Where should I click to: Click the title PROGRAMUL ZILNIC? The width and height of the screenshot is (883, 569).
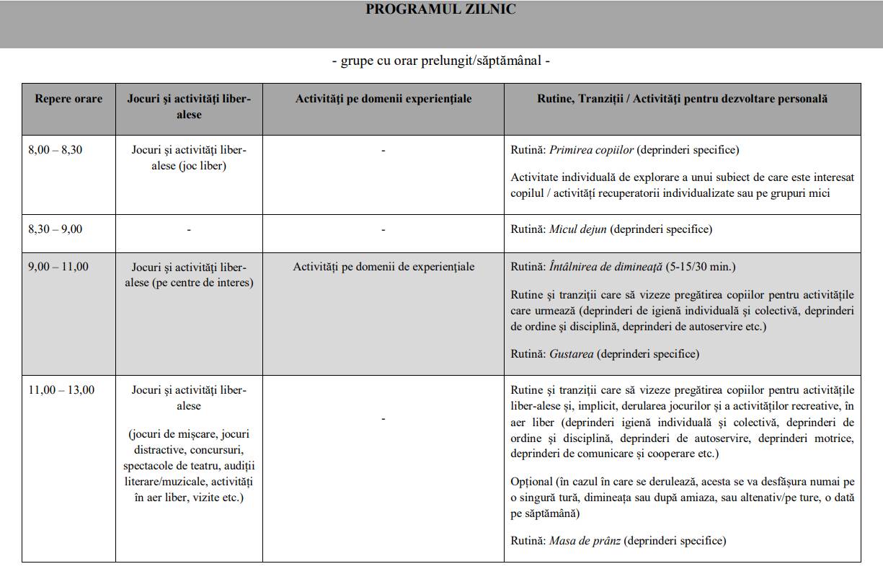coord(440,9)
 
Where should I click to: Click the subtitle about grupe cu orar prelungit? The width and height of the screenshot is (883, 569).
coord(440,61)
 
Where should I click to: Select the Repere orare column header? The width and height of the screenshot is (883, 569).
coord(68,99)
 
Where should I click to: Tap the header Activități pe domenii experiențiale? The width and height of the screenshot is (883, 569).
coord(383,99)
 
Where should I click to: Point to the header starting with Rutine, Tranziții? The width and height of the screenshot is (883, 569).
coord(682,99)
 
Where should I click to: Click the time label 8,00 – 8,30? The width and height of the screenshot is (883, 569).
coord(55,150)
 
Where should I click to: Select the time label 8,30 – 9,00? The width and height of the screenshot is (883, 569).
coord(55,229)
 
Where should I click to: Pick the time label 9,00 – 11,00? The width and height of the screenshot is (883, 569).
coord(58,267)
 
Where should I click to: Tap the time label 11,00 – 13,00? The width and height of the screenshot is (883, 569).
coord(61,390)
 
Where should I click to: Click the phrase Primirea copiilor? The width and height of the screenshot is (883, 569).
coord(591,150)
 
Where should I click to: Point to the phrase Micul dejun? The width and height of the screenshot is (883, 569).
coord(578,229)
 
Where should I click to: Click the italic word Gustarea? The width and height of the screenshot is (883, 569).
coord(571,354)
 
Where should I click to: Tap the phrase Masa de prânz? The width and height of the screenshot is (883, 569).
coord(585,540)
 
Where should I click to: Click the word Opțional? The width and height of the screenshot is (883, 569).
coord(531,481)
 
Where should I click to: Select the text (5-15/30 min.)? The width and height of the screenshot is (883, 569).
coord(700,267)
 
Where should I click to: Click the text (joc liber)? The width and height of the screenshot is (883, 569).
coord(203,166)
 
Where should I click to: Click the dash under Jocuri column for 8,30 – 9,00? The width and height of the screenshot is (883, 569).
coord(189,230)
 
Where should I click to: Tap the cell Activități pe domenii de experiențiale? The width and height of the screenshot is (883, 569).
coord(383,267)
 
